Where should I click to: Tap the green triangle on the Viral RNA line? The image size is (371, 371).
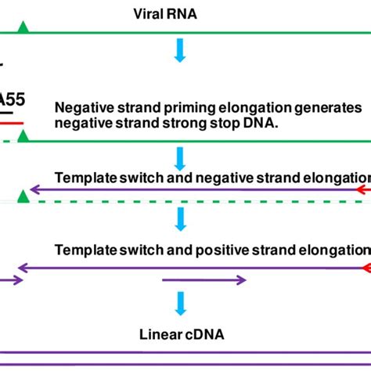pos(23,28)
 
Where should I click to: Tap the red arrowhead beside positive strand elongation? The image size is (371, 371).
pos(365,268)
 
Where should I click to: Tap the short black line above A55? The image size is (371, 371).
pos(4,64)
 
